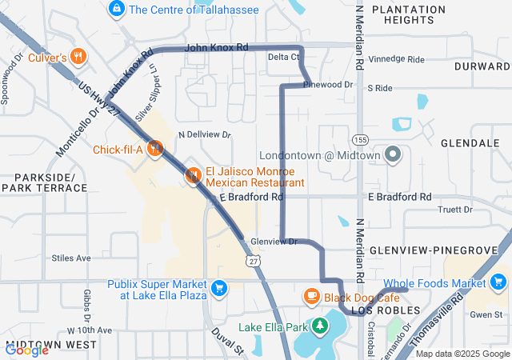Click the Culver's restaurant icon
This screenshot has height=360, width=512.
coord(78,57)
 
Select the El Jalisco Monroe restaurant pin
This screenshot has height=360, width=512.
coord(193,175)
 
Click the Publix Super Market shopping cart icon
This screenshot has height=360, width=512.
coord(218,287)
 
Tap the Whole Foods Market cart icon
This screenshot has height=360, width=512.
coord(499,282)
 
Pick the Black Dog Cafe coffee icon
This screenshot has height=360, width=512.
coord(311,297)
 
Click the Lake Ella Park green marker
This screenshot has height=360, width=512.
coord(320,326)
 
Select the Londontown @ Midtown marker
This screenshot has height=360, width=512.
coord(393,155)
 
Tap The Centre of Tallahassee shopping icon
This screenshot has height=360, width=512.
coord(117,9)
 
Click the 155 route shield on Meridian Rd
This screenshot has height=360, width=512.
coord(362,139)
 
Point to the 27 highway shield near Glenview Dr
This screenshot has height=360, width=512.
coord(254,262)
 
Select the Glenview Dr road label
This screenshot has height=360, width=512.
coord(273,241)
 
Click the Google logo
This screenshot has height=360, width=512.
coord(26,349)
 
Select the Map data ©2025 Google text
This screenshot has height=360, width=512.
coord(462,354)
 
